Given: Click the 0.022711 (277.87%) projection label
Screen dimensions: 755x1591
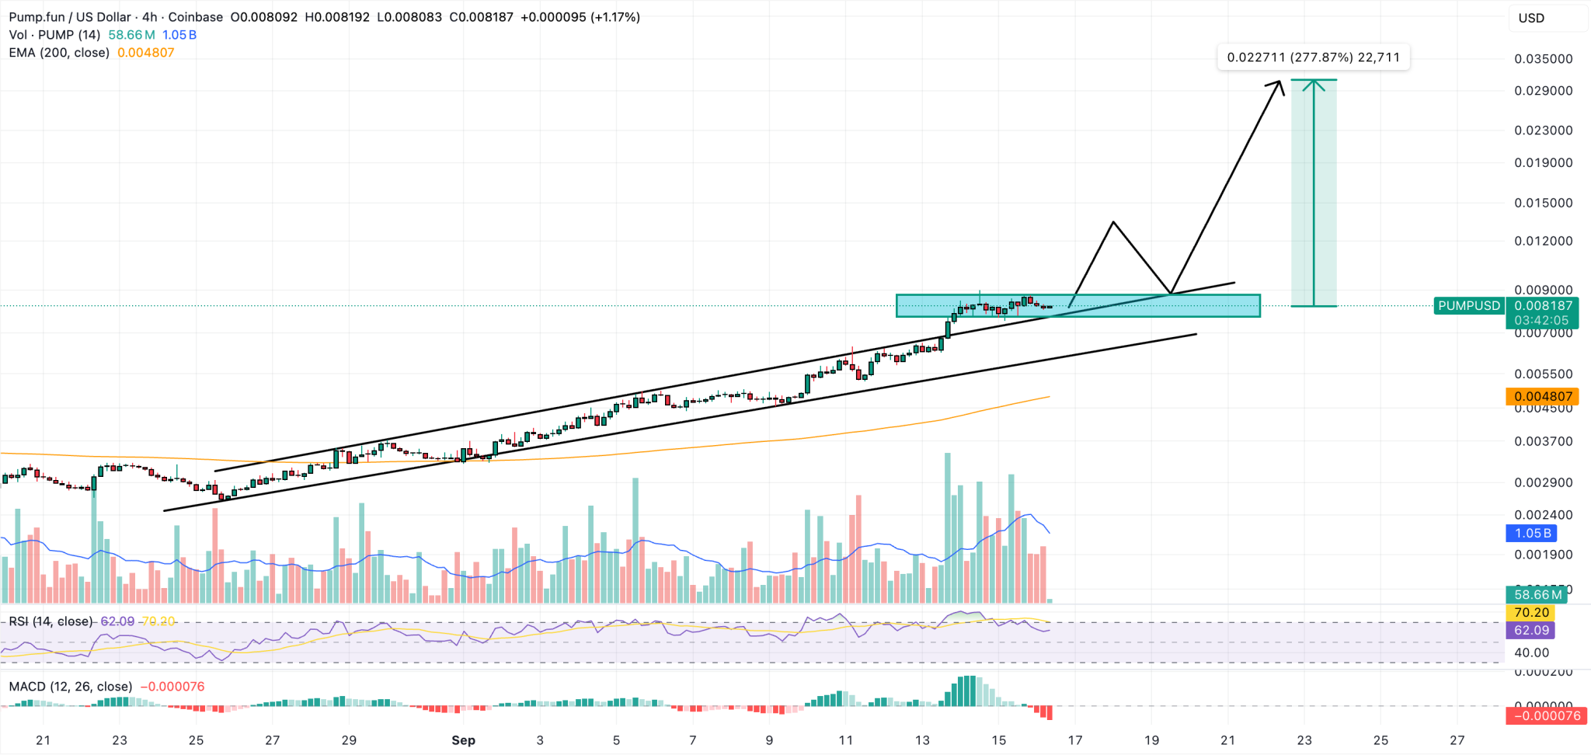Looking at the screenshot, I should (1313, 57).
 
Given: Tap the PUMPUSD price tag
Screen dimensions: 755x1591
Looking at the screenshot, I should (1468, 306).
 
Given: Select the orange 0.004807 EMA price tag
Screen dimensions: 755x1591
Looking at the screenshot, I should (1543, 397).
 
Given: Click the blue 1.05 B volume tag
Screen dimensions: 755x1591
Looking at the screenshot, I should (1532, 534).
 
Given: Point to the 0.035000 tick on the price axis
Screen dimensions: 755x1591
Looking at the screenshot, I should (1543, 59).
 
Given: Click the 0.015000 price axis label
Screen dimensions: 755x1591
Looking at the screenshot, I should (1543, 203).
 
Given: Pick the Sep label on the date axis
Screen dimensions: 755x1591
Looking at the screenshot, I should (463, 740).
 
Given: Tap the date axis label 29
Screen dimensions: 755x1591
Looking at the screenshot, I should (349, 740).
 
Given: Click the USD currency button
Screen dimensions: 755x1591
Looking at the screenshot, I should (1531, 18).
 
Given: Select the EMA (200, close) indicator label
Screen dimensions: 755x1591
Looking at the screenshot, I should (59, 53).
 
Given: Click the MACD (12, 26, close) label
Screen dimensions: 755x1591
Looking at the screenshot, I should (71, 687).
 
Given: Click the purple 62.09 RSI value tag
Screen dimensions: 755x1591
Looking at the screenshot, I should (1531, 631).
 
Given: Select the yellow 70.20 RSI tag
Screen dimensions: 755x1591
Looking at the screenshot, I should (1531, 613).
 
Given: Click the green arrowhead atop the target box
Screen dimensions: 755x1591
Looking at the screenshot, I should (1314, 82).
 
